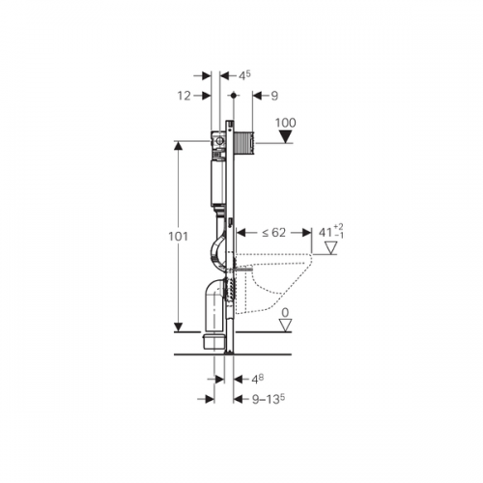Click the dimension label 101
178,237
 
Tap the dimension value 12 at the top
185,96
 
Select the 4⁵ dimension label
244,75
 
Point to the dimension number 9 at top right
274,96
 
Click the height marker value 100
286,123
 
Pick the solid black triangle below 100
286,136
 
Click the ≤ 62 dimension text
273,232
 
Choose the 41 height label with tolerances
331,232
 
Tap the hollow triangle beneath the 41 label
330,248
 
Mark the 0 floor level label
285,312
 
